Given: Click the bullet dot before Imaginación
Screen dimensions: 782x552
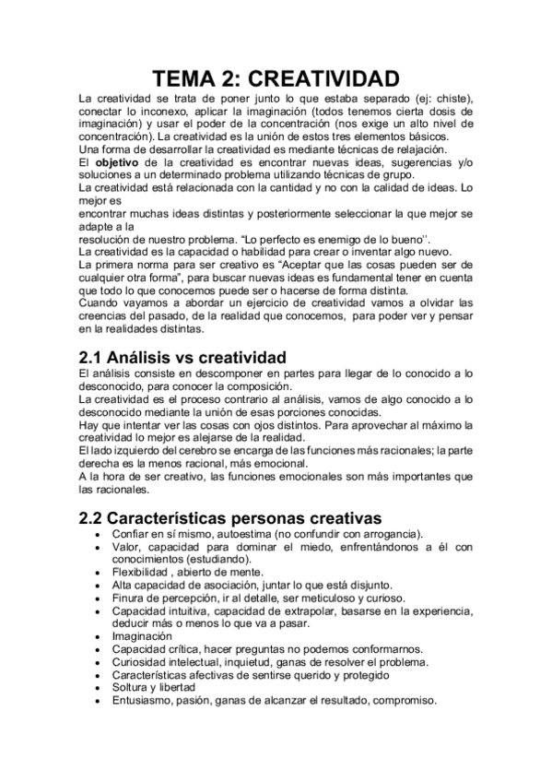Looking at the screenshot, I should point(98,636).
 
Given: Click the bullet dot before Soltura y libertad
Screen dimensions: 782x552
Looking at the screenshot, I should point(98,687).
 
